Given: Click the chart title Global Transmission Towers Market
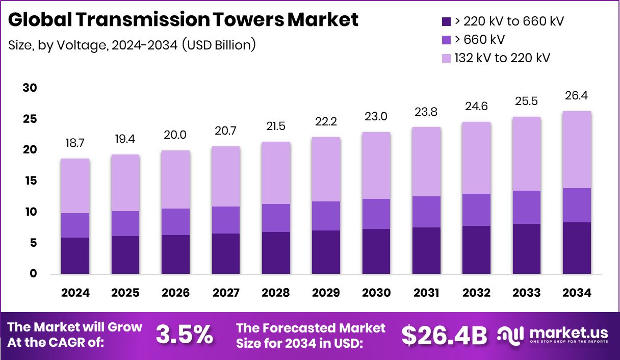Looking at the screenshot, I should coord(184,20).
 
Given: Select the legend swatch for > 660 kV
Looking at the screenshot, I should coord(446,40).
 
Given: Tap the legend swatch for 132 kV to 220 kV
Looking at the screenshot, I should coord(446,58).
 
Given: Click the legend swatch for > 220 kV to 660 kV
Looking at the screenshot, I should coord(446,22).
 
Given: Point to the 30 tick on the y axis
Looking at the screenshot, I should coord(30,88).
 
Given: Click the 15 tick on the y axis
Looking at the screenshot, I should coord(30,181).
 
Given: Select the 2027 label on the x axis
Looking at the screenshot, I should coord(225,293).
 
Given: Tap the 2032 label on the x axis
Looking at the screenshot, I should coord(476,293).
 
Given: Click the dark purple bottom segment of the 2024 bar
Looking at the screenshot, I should coord(75,256).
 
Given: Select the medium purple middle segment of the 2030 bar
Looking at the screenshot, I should coord(376,214).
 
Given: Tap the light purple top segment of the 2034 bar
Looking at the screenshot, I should coord(577,150).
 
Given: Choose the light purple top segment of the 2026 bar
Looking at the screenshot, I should coord(175,179).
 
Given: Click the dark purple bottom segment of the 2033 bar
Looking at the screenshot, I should coord(527,249).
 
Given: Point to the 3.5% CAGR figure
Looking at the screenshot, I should coord(184,335).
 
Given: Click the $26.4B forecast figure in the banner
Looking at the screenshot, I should coord(444,335).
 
